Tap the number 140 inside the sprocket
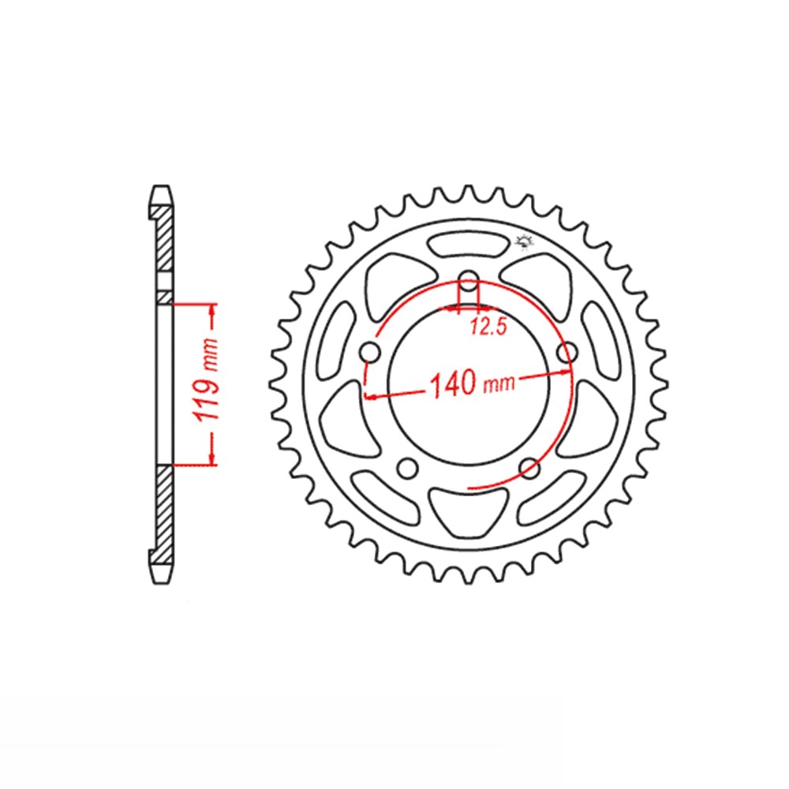coord(454,384)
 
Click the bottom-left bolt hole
coord(408,468)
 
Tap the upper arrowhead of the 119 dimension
coord(211,311)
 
